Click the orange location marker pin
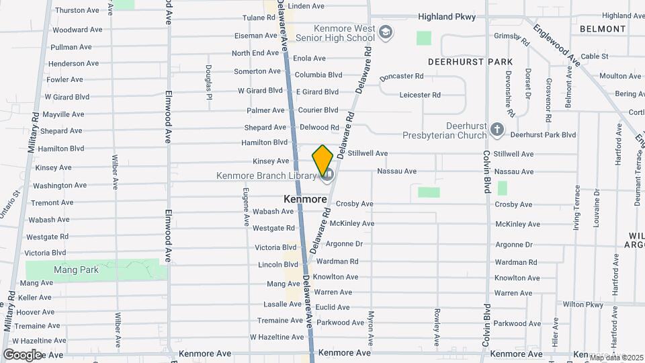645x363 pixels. tap(322, 159)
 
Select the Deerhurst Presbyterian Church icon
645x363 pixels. tap(497, 129)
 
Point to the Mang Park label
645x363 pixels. tap(76, 270)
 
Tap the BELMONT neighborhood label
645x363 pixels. tap(603, 29)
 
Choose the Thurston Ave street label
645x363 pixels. tap(76, 11)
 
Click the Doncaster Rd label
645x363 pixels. tap(401, 77)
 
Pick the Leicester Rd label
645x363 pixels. tap(420, 95)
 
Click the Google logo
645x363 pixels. tap(21, 354)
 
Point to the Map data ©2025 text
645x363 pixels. tap(616, 358)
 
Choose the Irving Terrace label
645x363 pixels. tap(576, 208)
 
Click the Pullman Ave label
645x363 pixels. tap(71, 47)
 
